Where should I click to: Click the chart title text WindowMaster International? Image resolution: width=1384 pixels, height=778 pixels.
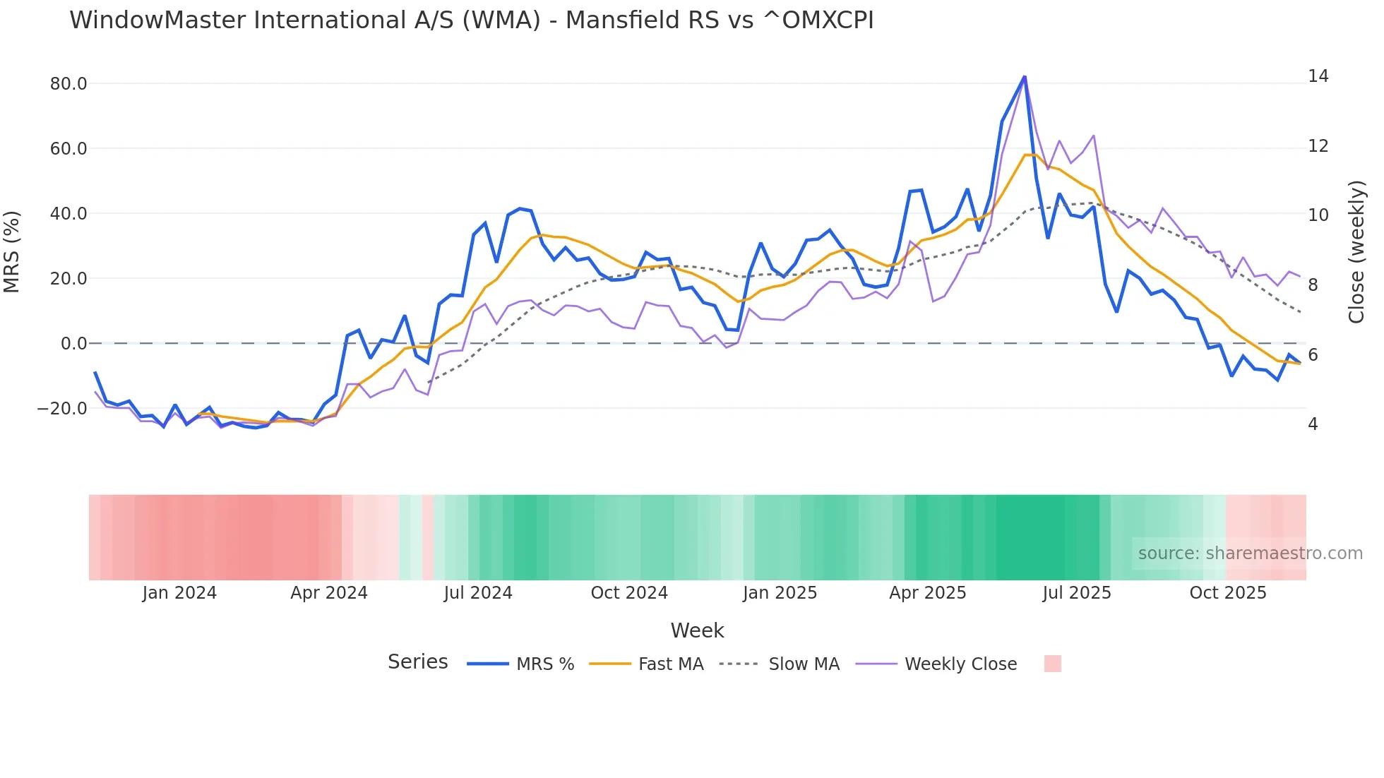pyautogui.click(x=471, y=20)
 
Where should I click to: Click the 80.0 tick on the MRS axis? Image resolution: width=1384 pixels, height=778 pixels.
pyautogui.click(x=68, y=84)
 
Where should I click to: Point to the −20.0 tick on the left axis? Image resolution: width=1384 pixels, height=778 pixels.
pyautogui.click(x=62, y=409)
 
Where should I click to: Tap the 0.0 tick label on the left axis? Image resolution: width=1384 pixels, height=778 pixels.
pyautogui.click(x=73, y=344)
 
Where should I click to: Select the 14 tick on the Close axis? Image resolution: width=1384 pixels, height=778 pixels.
pyautogui.click(x=1318, y=76)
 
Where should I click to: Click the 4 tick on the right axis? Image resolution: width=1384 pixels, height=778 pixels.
pyautogui.click(x=1313, y=424)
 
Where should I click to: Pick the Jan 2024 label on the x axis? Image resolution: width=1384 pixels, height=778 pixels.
pyautogui.click(x=179, y=593)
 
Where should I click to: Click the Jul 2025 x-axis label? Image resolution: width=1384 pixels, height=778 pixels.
pyautogui.click(x=1076, y=593)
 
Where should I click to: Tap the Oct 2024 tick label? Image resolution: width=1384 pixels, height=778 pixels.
pyautogui.click(x=629, y=593)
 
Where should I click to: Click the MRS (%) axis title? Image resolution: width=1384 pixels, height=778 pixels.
pyautogui.click(x=12, y=252)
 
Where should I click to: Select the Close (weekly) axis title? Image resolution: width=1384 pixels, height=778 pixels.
pyautogui.click(x=1356, y=252)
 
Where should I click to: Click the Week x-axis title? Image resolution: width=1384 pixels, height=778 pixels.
pyautogui.click(x=697, y=630)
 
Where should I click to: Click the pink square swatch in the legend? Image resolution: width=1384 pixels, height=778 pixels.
pyautogui.click(x=1052, y=664)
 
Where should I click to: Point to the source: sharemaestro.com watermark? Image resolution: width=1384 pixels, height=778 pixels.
pyautogui.click(x=1250, y=553)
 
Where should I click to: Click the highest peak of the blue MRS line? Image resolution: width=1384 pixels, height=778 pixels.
pyautogui.click(x=1024, y=77)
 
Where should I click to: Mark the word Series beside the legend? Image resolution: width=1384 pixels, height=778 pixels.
pyautogui.click(x=417, y=662)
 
